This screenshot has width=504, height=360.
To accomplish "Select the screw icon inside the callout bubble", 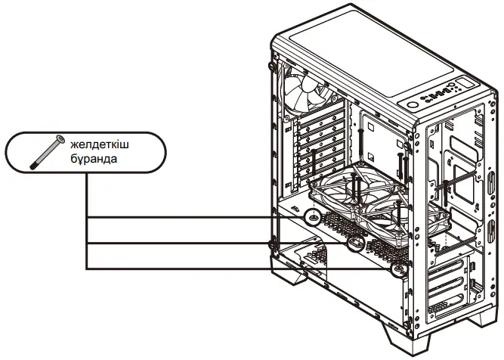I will point(45,151).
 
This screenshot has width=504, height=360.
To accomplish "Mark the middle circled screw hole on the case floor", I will point(355,245).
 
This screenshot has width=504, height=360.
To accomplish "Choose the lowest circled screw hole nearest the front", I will point(395,267).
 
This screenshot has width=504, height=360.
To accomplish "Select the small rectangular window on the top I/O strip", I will point(463,84).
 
